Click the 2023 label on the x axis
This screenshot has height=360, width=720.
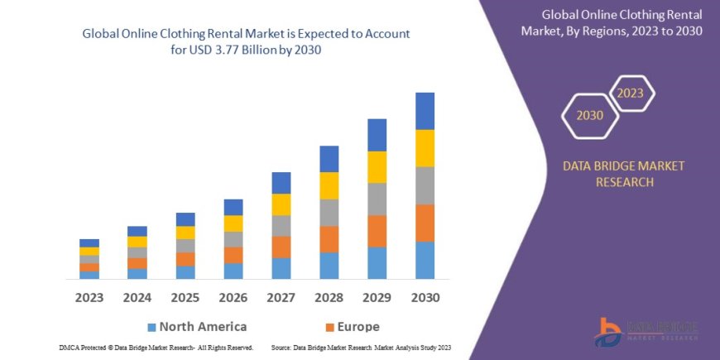pyautogui.click(x=89, y=297)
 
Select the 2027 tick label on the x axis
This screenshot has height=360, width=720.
pyautogui.click(x=281, y=297)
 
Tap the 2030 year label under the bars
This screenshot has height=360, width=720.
pyautogui.click(x=425, y=297)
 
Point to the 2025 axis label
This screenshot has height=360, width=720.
pyautogui.click(x=185, y=297)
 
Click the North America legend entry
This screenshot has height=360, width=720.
pyautogui.click(x=196, y=327)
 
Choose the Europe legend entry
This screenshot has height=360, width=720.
pyautogui.click(x=351, y=327)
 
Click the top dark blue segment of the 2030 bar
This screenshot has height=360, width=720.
pyautogui.click(x=425, y=111)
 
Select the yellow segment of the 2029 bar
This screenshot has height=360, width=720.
pyautogui.click(x=377, y=167)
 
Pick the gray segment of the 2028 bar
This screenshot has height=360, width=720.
pyautogui.click(x=329, y=213)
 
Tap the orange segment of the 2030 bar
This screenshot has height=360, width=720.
pyautogui.click(x=425, y=223)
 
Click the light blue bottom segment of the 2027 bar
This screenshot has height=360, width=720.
pyautogui.click(x=281, y=268)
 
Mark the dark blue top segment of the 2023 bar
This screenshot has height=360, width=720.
pyautogui.click(x=89, y=242)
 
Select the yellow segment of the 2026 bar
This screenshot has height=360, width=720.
pyautogui.click(x=233, y=223)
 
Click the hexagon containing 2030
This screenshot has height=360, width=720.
pyautogui.click(x=590, y=115)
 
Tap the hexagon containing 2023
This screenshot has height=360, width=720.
pyautogui.click(x=630, y=93)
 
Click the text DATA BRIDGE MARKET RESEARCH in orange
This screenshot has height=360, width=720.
pyautogui.click(x=624, y=174)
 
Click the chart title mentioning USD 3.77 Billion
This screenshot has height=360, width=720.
pyautogui.click(x=246, y=41)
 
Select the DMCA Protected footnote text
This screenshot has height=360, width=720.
pyautogui.click(x=156, y=348)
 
